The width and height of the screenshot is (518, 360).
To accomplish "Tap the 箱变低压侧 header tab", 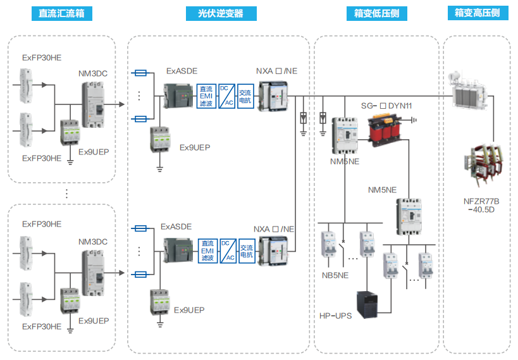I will point(376,13).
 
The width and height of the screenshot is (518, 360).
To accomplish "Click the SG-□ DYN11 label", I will point(386,105).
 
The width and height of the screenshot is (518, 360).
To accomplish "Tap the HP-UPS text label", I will point(335,315).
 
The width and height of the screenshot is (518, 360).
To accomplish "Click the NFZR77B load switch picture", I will point(485,168).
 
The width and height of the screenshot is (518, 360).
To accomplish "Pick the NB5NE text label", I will point(335,275).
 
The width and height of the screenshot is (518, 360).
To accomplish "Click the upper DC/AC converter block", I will point(228,96).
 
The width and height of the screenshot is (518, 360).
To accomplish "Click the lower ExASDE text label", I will point(176,226).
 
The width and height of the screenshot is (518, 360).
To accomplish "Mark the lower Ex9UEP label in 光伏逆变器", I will point(189,310).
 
